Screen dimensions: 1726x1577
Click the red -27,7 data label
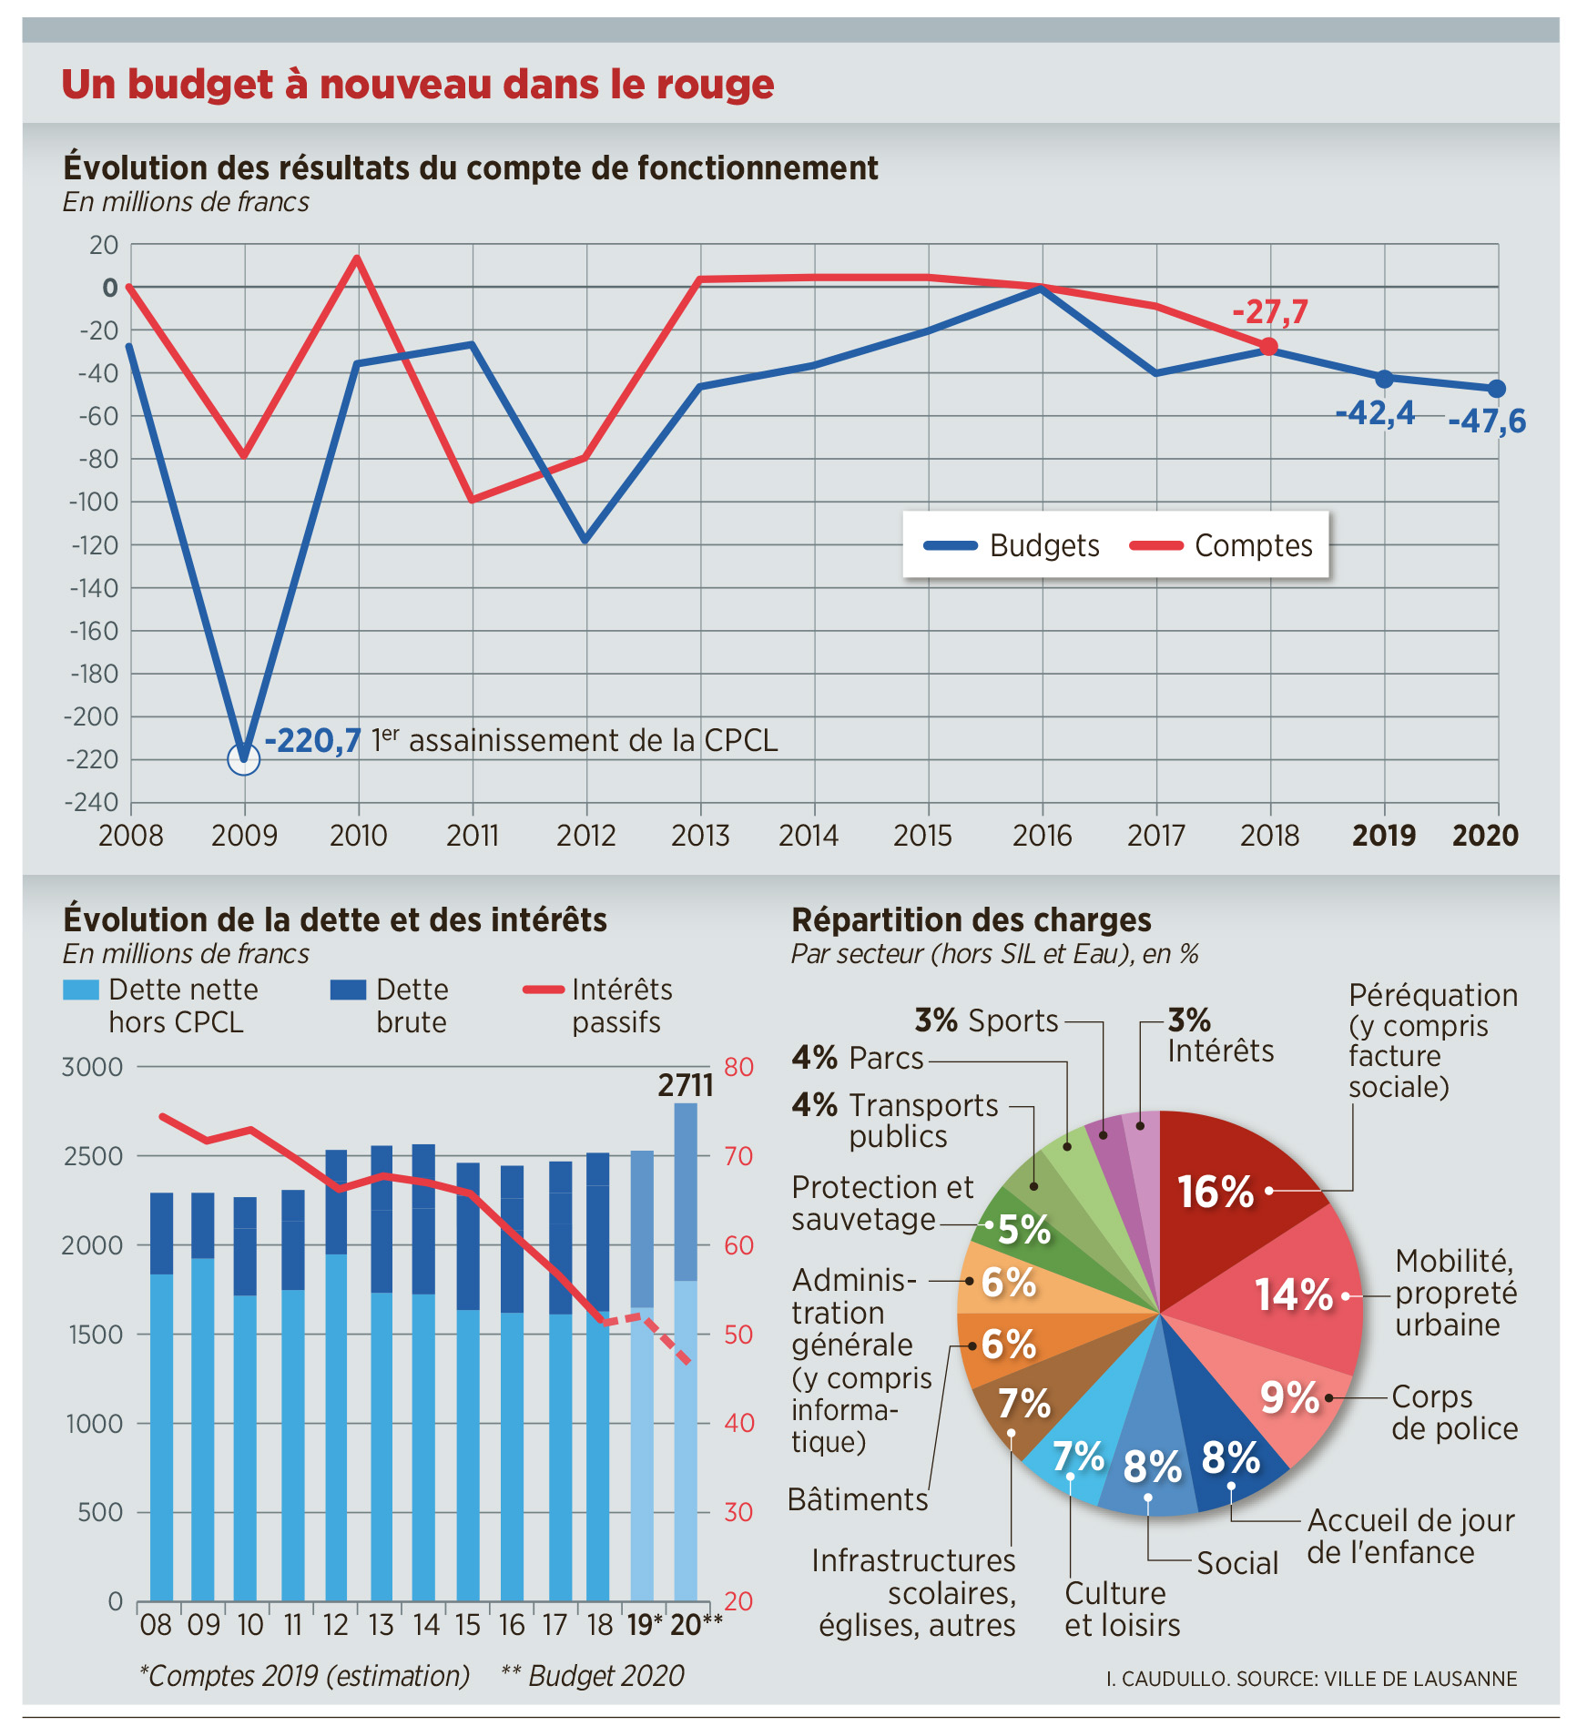[x=1269, y=312]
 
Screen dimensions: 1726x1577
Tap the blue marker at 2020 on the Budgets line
[x=1496, y=389]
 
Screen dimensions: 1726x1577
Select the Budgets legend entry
[x=1012, y=545]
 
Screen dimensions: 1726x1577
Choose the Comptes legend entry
[x=1221, y=545]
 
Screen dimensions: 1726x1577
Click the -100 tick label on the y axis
[x=95, y=502]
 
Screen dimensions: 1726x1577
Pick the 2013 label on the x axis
[x=700, y=835]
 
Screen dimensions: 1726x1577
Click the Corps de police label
[x=1454, y=1412]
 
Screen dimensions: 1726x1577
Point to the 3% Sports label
[x=987, y=1020]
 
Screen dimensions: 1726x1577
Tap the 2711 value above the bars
[x=686, y=1085]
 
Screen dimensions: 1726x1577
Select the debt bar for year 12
[x=336, y=1375]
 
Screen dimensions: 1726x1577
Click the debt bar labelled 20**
[x=686, y=1352]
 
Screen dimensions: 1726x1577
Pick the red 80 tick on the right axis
[x=738, y=1067]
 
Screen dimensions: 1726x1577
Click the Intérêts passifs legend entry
[x=597, y=1005]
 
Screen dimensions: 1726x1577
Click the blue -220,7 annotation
[x=312, y=741]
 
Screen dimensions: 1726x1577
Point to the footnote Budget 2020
[x=593, y=1675]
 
